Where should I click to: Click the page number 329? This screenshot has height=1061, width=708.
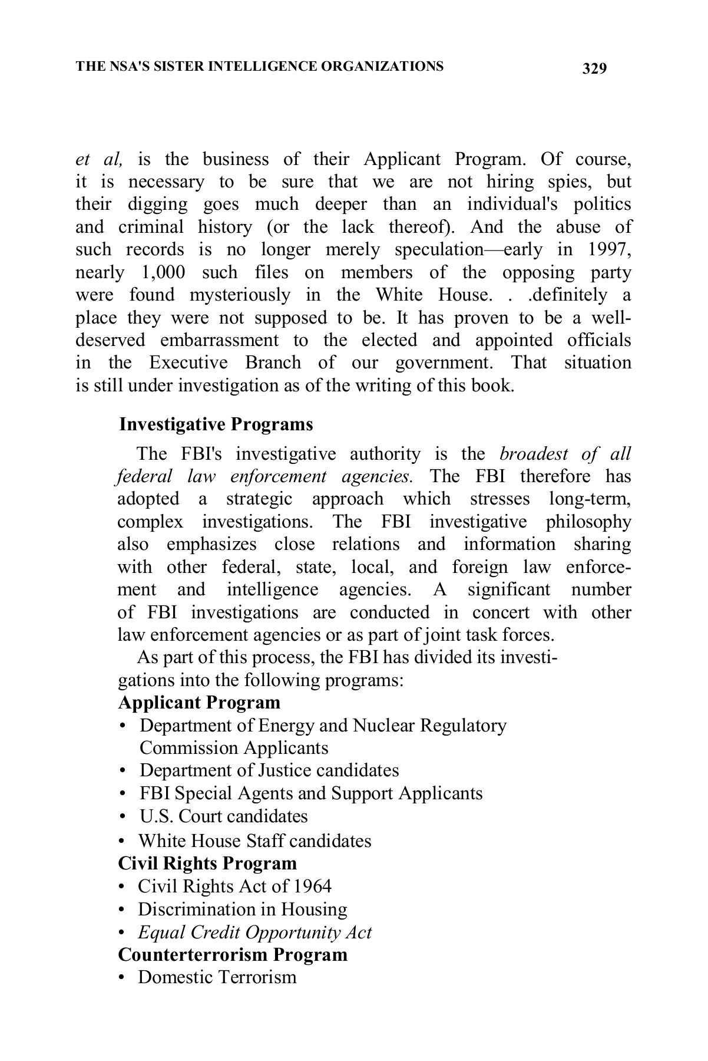(594, 69)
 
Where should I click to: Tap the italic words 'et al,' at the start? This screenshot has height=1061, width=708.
(100, 159)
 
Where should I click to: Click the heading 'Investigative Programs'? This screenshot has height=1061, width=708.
(216, 424)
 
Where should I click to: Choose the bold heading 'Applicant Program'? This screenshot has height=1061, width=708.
(199, 703)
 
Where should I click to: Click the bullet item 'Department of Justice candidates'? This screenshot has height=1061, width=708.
(269, 770)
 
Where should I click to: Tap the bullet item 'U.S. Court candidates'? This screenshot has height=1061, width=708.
(223, 816)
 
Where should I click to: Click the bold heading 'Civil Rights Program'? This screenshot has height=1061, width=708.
(207, 864)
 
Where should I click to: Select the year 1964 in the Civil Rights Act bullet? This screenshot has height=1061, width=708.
(312, 887)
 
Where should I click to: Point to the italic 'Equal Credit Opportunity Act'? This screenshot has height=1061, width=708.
(254, 933)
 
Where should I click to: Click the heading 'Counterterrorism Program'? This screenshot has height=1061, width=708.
(233, 954)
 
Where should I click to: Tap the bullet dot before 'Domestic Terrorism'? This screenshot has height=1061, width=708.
(121, 978)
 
